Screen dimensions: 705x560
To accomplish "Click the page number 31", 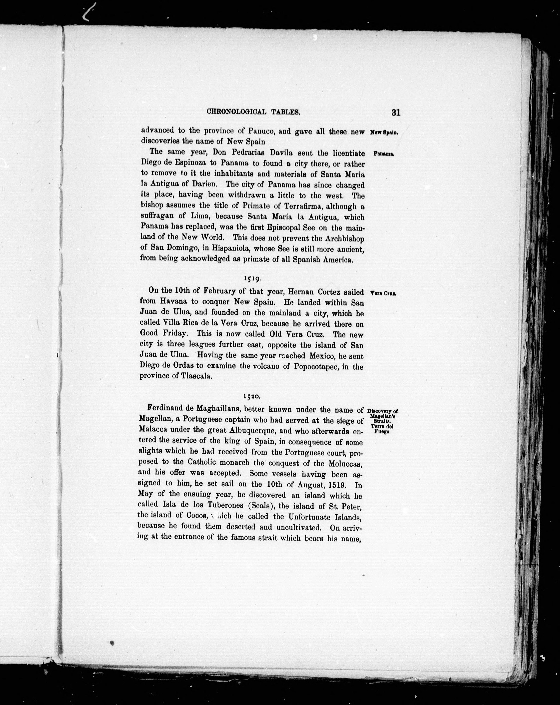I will tap(395, 113).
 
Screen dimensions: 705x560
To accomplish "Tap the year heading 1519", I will tap(252, 279).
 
